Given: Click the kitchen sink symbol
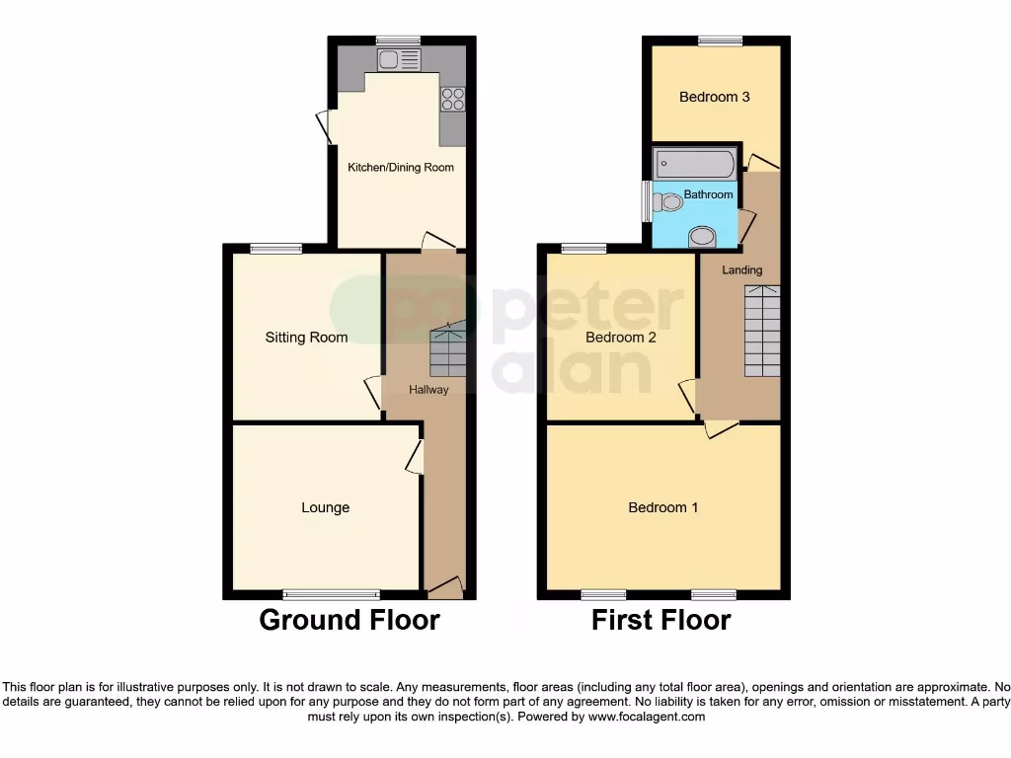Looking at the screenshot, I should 399,60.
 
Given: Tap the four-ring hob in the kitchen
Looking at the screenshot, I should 452,99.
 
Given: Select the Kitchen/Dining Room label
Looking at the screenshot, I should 401,168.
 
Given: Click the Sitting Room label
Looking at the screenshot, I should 306,338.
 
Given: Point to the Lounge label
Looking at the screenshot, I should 325,507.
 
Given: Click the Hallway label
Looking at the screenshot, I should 428,390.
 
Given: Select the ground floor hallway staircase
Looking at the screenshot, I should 447,351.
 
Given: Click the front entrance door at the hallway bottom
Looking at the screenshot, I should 445,588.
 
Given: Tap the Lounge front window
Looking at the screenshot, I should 331,594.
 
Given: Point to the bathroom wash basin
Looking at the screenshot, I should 703,236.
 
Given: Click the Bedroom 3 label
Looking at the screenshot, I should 714,97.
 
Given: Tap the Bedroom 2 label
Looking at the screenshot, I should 621,338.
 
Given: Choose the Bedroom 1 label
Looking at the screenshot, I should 663,507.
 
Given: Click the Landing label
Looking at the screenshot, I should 741,269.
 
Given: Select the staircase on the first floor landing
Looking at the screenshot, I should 761,331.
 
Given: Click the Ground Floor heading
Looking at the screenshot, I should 349,620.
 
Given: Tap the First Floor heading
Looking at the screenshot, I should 661,620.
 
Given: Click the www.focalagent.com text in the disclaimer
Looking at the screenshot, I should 647,717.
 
